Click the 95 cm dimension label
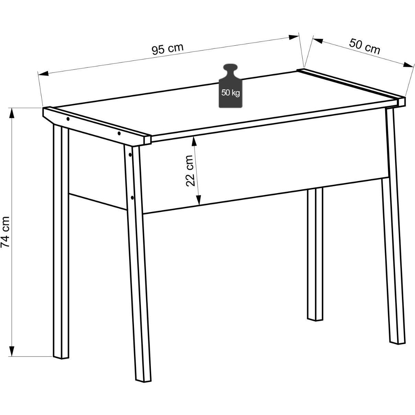tap(168, 49)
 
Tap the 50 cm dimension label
tap(364, 46)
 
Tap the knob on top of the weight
tap(231, 69)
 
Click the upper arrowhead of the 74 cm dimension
tap(12, 113)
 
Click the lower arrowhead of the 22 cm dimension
tap(199, 200)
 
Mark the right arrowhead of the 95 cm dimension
tap(294, 37)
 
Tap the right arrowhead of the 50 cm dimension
tap(409, 65)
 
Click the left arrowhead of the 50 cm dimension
tap(318, 41)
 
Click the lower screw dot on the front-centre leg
tap(132, 198)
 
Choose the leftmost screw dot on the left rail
tap(68, 119)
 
